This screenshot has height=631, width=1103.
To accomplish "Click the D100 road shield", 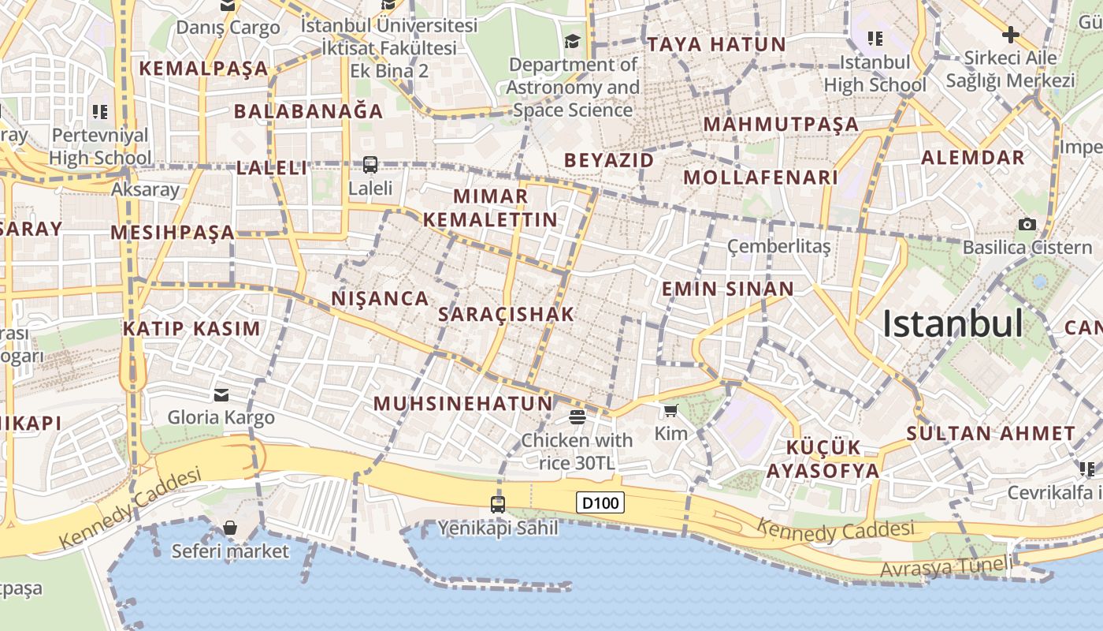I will [x=600, y=502].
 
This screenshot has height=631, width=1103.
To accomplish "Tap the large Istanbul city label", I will [x=953, y=324].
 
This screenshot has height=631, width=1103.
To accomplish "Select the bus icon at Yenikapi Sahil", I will [x=498, y=504].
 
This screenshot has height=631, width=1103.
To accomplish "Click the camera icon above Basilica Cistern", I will [x=1027, y=225].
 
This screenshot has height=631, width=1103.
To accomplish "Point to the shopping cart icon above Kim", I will [x=670, y=410].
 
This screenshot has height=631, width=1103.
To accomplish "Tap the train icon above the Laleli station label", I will [x=370, y=165].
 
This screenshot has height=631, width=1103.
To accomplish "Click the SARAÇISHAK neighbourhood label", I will [x=507, y=314].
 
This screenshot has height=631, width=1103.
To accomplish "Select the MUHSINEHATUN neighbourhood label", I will [x=463, y=404].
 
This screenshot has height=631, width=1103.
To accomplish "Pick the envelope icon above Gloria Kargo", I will [x=221, y=394].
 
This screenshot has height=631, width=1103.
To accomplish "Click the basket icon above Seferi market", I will [x=230, y=528].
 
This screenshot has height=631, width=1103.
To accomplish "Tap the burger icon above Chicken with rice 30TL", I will [x=577, y=416].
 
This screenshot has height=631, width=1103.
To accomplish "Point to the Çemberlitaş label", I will [x=778, y=247].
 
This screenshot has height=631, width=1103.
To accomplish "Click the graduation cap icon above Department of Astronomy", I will [x=572, y=41].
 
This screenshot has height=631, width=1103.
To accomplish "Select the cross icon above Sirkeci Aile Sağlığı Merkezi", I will [x=1010, y=35].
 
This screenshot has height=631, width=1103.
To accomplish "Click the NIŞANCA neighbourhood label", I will [x=381, y=298].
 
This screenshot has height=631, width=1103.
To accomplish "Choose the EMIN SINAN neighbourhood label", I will [x=728, y=289].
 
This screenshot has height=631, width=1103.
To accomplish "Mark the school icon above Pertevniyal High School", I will [x=99, y=112].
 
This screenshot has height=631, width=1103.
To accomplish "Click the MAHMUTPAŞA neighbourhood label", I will [x=781, y=124].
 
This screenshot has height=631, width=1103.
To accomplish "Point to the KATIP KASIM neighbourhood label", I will [x=191, y=328].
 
